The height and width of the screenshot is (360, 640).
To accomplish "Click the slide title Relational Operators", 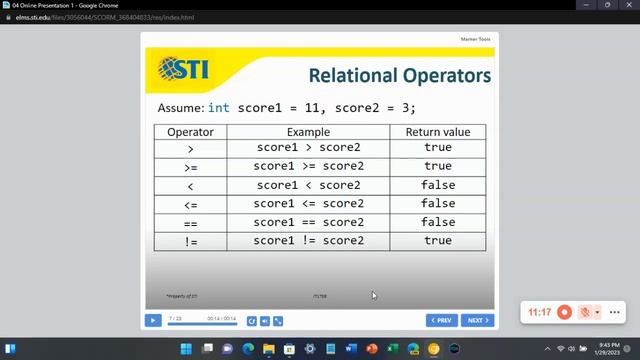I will click(x=399, y=76).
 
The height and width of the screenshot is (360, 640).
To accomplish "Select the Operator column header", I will click(x=190, y=132).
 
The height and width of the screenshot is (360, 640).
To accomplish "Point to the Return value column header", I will click(x=437, y=132).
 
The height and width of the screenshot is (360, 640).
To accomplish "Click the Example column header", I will click(x=308, y=132).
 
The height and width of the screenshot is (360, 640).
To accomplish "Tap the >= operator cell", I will click(x=190, y=167).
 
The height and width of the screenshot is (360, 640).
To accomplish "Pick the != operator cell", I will click(x=190, y=241).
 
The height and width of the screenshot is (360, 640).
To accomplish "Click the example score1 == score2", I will click(x=308, y=222).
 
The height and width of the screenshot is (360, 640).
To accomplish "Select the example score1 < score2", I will click(x=308, y=185).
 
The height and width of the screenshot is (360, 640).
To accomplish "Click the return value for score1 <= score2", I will click(x=437, y=204).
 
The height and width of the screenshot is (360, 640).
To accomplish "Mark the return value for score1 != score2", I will click(x=437, y=241).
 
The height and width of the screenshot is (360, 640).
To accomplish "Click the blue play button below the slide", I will click(x=153, y=321).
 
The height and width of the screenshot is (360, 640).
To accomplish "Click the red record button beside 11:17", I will click(x=564, y=312).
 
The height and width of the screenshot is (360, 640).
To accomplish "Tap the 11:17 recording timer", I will click(x=539, y=312).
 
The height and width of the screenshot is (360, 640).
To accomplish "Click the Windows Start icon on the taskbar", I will click(x=186, y=349).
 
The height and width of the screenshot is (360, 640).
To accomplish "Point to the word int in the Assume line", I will click(x=219, y=107).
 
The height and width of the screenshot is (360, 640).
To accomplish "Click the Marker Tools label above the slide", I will click(x=475, y=39).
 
